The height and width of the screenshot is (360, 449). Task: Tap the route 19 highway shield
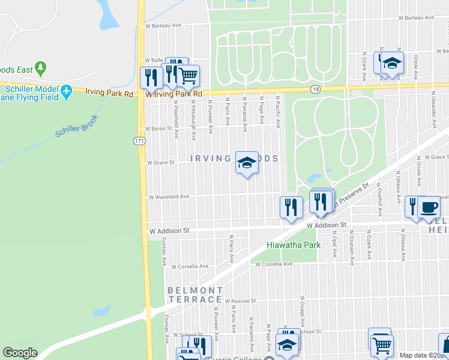pos(315,89)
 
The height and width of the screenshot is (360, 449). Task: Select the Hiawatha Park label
pos(293,245)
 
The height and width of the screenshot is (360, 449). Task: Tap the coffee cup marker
pos(429,208)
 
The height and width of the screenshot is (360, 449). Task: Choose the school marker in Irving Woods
pos(246,163)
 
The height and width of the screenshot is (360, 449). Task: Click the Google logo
pos(20,353)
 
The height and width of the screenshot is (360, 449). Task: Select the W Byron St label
pos(159,128)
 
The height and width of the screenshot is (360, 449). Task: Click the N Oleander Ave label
pos(433,110)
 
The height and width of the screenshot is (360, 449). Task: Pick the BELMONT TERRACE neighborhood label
pos(195,295)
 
